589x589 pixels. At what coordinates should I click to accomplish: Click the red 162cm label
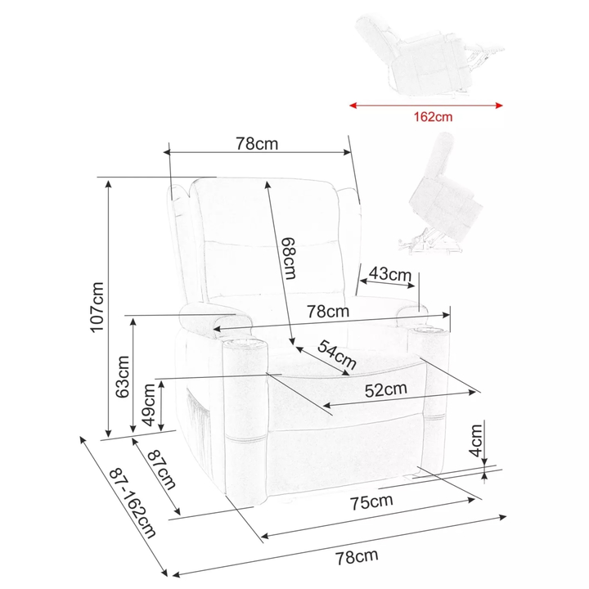tap(433, 117)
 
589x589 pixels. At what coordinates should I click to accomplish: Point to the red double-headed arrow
tap(426, 106)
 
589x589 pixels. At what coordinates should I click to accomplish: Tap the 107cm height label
tap(97, 308)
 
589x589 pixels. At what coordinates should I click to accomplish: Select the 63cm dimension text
tap(123, 377)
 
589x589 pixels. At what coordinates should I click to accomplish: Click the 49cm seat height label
tap(149, 405)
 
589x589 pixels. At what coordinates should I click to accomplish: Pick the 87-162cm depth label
tap(133, 502)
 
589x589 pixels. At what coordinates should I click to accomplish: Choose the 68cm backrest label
tap(290, 259)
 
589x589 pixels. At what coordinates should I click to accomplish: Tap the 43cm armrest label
tap(390, 274)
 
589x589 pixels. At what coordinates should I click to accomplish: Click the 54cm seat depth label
tap(336, 354)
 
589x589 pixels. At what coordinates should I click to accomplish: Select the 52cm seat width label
tap(386, 389)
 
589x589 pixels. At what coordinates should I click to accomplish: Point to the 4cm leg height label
tap(475, 440)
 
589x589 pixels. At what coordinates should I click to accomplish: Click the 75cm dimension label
tap(371, 501)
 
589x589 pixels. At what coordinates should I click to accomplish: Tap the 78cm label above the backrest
tap(257, 143)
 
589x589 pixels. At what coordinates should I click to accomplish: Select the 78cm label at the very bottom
tap(357, 557)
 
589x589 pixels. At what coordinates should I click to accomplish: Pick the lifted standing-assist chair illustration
tap(440, 193)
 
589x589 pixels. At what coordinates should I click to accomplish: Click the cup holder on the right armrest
tap(428, 331)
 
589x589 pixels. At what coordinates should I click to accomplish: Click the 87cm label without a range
tap(161, 470)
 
